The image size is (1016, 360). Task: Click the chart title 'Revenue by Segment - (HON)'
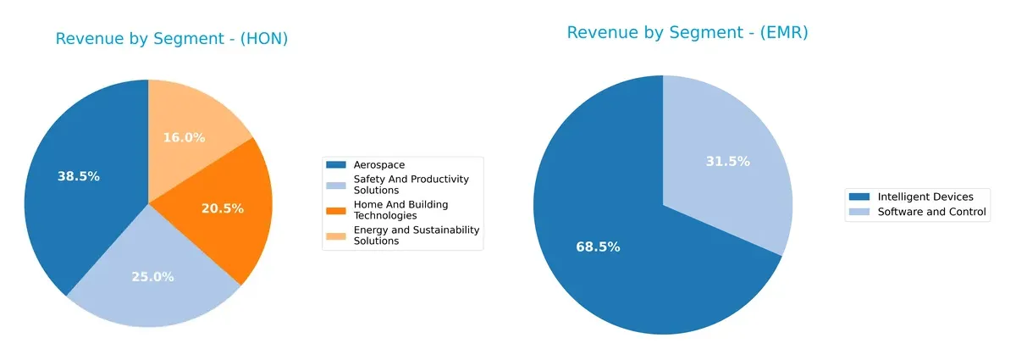pyautogui.click(x=172, y=39)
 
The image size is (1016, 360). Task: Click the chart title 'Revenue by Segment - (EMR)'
pyautogui.click(x=687, y=33)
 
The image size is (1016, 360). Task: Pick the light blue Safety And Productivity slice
pyautogui.click(x=152, y=271)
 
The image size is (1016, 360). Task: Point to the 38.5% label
pyautogui.click(x=78, y=177)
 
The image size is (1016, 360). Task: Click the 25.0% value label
pyautogui.click(x=152, y=277)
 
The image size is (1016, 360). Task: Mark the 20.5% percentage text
pyautogui.click(x=222, y=208)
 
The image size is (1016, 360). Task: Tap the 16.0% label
pyautogui.click(x=184, y=137)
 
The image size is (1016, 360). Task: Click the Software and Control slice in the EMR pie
pyautogui.click(x=728, y=169)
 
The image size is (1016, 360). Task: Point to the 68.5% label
pyautogui.click(x=598, y=247)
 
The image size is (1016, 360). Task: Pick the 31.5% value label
pyautogui.click(x=727, y=162)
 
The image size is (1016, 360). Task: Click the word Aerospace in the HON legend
pyautogui.click(x=379, y=164)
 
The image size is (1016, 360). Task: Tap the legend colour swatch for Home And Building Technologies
pyautogui.click(x=337, y=209)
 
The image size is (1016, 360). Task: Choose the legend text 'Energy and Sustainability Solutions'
pyautogui.click(x=416, y=235)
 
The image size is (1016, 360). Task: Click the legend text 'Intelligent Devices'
pyautogui.click(x=925, y=197)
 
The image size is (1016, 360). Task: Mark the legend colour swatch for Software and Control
pyautogui.click(x=859, y=212)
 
